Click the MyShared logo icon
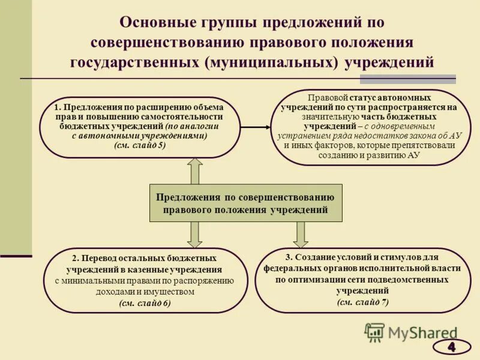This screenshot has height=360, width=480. tap(375, 332)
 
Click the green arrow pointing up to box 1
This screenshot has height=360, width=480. tap(195, 171)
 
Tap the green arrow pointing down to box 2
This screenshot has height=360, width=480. tap(195, 234)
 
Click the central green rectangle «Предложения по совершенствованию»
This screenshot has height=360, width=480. tap(245, 203)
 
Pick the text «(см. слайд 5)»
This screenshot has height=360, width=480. tap(139, 145)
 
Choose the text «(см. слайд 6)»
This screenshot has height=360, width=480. tap(145, 302)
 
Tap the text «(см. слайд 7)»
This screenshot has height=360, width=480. tap(362, 301)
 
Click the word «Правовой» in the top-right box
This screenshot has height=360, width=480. tap(326, 97)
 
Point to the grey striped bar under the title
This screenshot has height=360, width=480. tap(407, 79)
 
